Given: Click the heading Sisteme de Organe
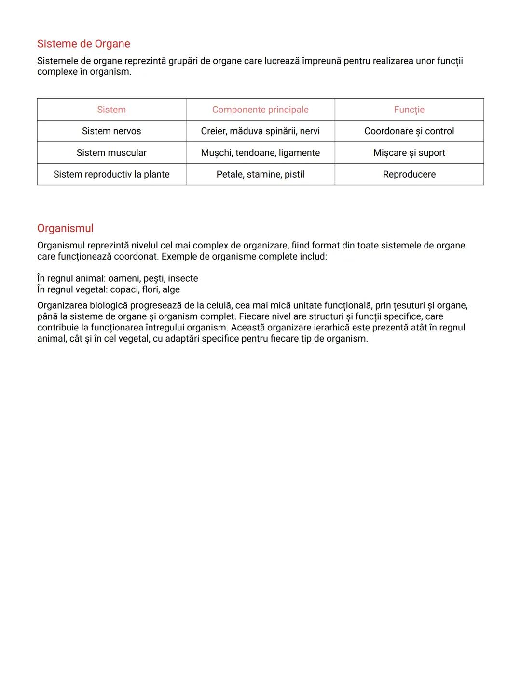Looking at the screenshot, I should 83,44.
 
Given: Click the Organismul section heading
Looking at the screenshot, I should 65,228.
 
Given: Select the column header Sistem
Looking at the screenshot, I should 111,110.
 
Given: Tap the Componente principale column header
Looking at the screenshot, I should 260,110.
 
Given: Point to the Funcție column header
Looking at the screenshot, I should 409,110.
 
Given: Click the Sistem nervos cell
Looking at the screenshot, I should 111,131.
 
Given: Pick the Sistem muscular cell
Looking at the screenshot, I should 111,153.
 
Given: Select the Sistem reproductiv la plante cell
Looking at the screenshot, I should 111,174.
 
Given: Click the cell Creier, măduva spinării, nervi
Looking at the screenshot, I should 260,131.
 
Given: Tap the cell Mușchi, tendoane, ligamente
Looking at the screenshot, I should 260,153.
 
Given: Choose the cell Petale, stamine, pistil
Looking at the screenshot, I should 260,174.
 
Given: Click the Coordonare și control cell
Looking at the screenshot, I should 409,131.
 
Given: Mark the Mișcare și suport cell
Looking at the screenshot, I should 409,153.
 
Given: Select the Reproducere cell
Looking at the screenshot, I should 409,174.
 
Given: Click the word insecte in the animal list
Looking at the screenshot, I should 183,278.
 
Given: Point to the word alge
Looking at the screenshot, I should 171,289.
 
